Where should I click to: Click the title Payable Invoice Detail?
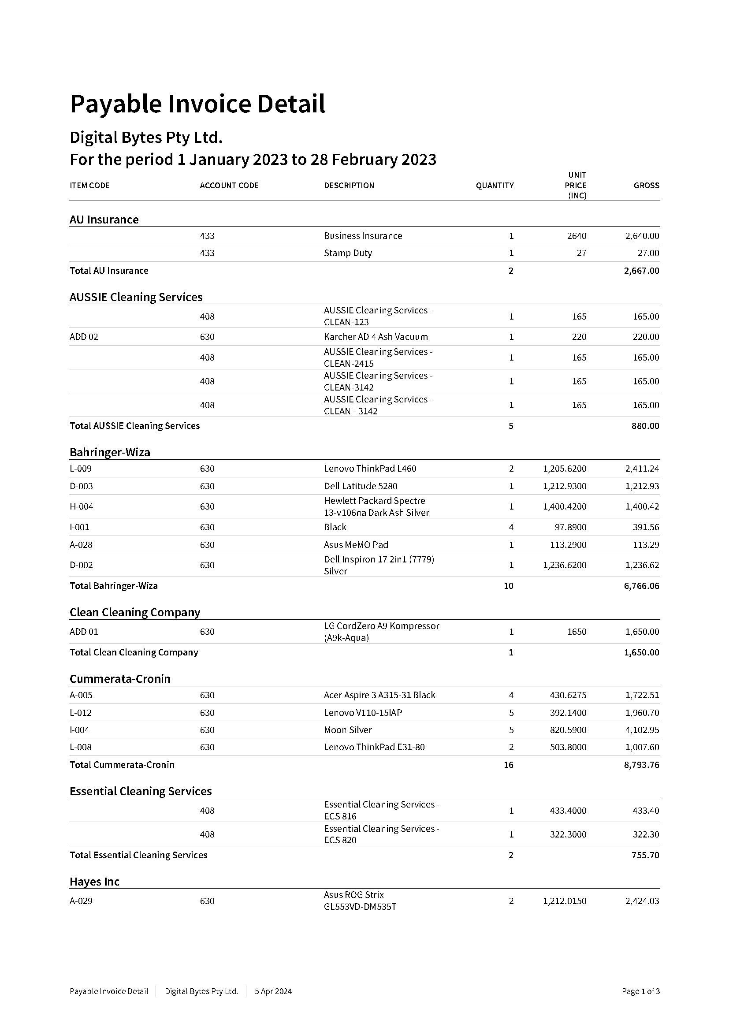(x=197, y=104)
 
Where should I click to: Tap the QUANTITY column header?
(x=495, y=186)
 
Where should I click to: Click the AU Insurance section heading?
(x=104, y=220)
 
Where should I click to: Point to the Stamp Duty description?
(x=348, y=253)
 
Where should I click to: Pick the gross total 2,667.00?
(x=641, y=271)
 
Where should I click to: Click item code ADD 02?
(x=84, y=337)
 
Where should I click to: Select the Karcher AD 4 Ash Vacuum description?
(x=376, y=337)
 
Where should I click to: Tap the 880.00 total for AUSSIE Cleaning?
(x=645, y=426)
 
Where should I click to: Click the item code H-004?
(x=81, y=506)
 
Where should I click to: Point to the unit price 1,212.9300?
(x=564, y=486)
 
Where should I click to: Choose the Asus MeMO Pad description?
(x=356, y=545)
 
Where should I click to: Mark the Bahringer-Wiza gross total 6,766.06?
(x=641, y=586)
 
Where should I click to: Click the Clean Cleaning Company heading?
(x=135, y=613)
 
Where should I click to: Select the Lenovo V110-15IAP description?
(x=363, y=713)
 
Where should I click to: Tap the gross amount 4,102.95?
(x=642, y=730)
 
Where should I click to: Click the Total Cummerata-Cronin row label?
(x=122, y=765)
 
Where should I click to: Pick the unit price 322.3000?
(x=568, y=834)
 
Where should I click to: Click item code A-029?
(x=81, y=901)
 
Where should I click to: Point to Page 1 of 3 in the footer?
(x=640, y=991)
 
